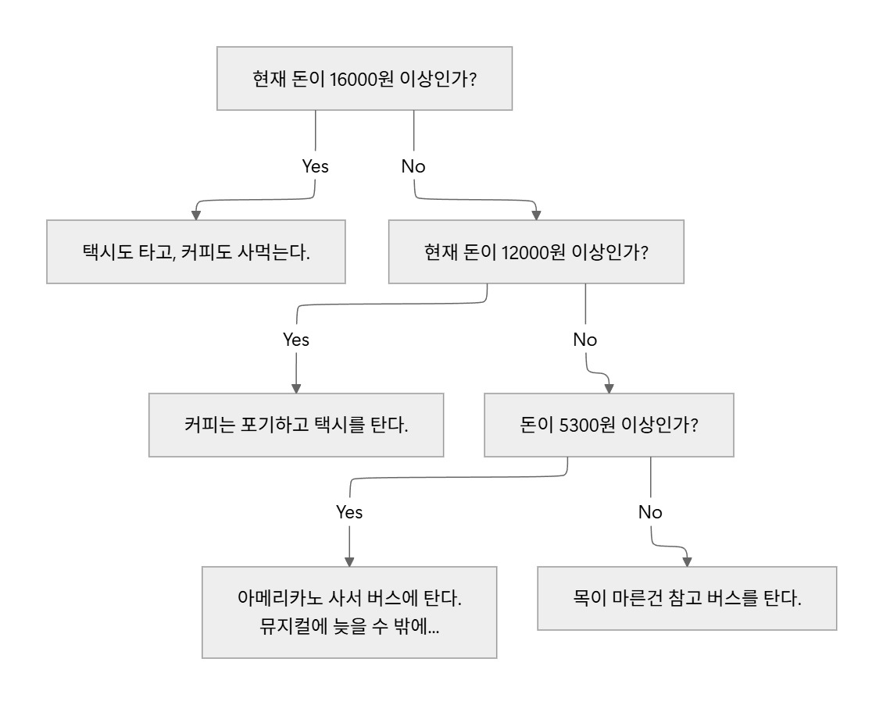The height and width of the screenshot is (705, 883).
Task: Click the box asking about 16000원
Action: pyautogui.click(x=364, y=78)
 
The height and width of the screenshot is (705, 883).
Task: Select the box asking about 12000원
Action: pyautogui.click(x=536, y=251)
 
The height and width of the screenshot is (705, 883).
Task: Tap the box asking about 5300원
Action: pyautogui.click(x=609, y=425)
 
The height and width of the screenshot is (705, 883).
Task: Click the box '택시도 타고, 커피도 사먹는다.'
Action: pyautogui.click(x=196, y=251)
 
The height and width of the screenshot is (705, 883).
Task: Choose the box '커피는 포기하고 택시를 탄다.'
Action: pyautogui.click(x=296, y=425)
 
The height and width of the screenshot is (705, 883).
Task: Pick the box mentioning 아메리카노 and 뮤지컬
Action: pyautogui.click(x=349, y=612)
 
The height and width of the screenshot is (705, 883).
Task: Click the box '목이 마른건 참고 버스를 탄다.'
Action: pyautogui.click(x=687, y=598)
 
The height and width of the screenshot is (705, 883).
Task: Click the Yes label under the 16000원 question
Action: pyautogui.click(x=316, y=166)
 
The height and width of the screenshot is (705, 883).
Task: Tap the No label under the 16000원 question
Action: pyautogui.click(x=413, y=166)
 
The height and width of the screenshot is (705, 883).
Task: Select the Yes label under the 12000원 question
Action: pyautogui.click(x=296, y=340)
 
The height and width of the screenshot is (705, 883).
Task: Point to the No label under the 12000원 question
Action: pyautogui.click(x=585, y=340)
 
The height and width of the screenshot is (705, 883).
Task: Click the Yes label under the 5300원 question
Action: pyautogui.click(x=349, y=512)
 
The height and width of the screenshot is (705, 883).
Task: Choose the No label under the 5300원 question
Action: pyautogui.click(x=650, y=512)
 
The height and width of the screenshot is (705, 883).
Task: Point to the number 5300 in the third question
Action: pyautogui.click(x=577, y=425)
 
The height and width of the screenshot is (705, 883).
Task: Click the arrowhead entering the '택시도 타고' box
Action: pyautogui.click(x=196, y=215)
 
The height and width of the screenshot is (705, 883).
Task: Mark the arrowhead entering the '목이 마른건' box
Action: pyautogui.click(x=687, y=561)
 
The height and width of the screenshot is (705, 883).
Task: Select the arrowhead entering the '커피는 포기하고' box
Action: pyautogui.click(x=296, y=388)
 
